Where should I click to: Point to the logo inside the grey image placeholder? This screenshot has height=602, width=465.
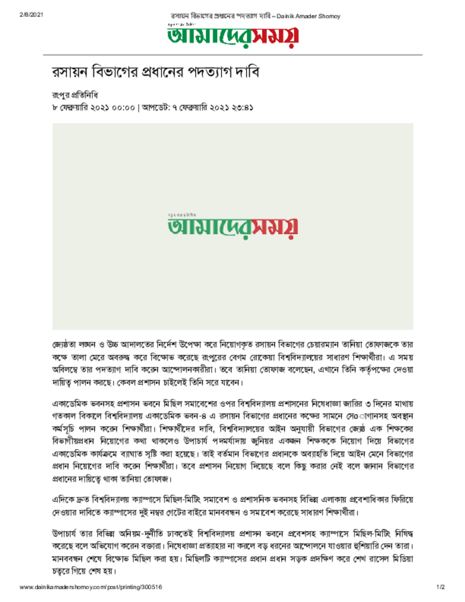coord(232,226)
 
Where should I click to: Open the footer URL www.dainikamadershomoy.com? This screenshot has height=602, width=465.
coord(91,587)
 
